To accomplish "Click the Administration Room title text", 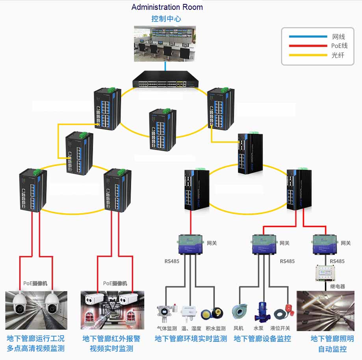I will click(167, 7).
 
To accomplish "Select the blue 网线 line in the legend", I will click(308, 37).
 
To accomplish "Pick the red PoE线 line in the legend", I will click(308, 46).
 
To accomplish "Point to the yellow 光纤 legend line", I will click(308, 55).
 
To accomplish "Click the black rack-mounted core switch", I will click(165, 81).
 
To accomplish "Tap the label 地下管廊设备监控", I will click(262, 339).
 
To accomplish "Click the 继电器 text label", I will click(337, 286).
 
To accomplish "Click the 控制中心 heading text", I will click(166, 19).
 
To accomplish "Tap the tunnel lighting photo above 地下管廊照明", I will click(325, 311).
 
